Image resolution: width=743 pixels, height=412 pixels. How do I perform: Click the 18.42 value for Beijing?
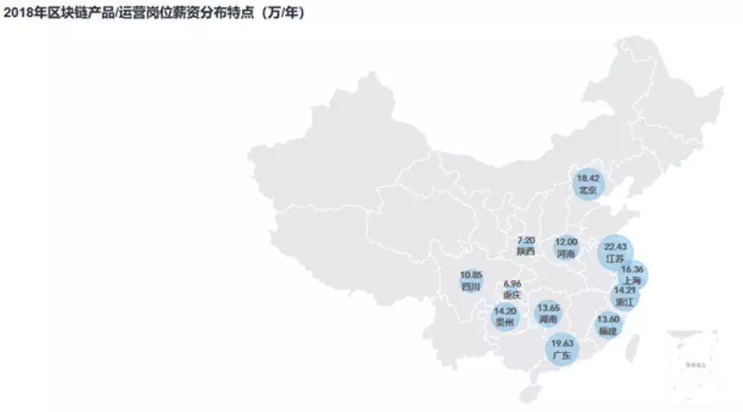pyautogui.click(x=588, y=178)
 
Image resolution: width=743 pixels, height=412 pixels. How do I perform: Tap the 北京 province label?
pyautogui.click(x=588, y=190)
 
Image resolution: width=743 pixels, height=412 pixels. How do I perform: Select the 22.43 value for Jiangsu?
pyautogui.click(x=614, y=247)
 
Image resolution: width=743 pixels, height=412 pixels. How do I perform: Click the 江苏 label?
pyautogui.click(x=614, y=259)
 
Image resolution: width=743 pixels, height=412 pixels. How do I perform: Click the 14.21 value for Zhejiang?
pyautogui.click(x=625, y=290)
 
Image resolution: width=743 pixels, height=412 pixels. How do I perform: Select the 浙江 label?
pyautogui.click(x=625, y=302)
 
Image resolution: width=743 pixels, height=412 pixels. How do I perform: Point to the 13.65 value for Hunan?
pyautogui.click(x=548, y=308)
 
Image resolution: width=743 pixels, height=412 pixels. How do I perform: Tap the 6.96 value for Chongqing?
pyautogui.click(x=512, y=283)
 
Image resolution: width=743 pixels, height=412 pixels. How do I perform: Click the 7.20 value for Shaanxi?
pyautogui.click(x=526, y=239)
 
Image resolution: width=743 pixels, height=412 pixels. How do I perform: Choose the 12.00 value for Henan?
pyautogui.click(x=566, y=241)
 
